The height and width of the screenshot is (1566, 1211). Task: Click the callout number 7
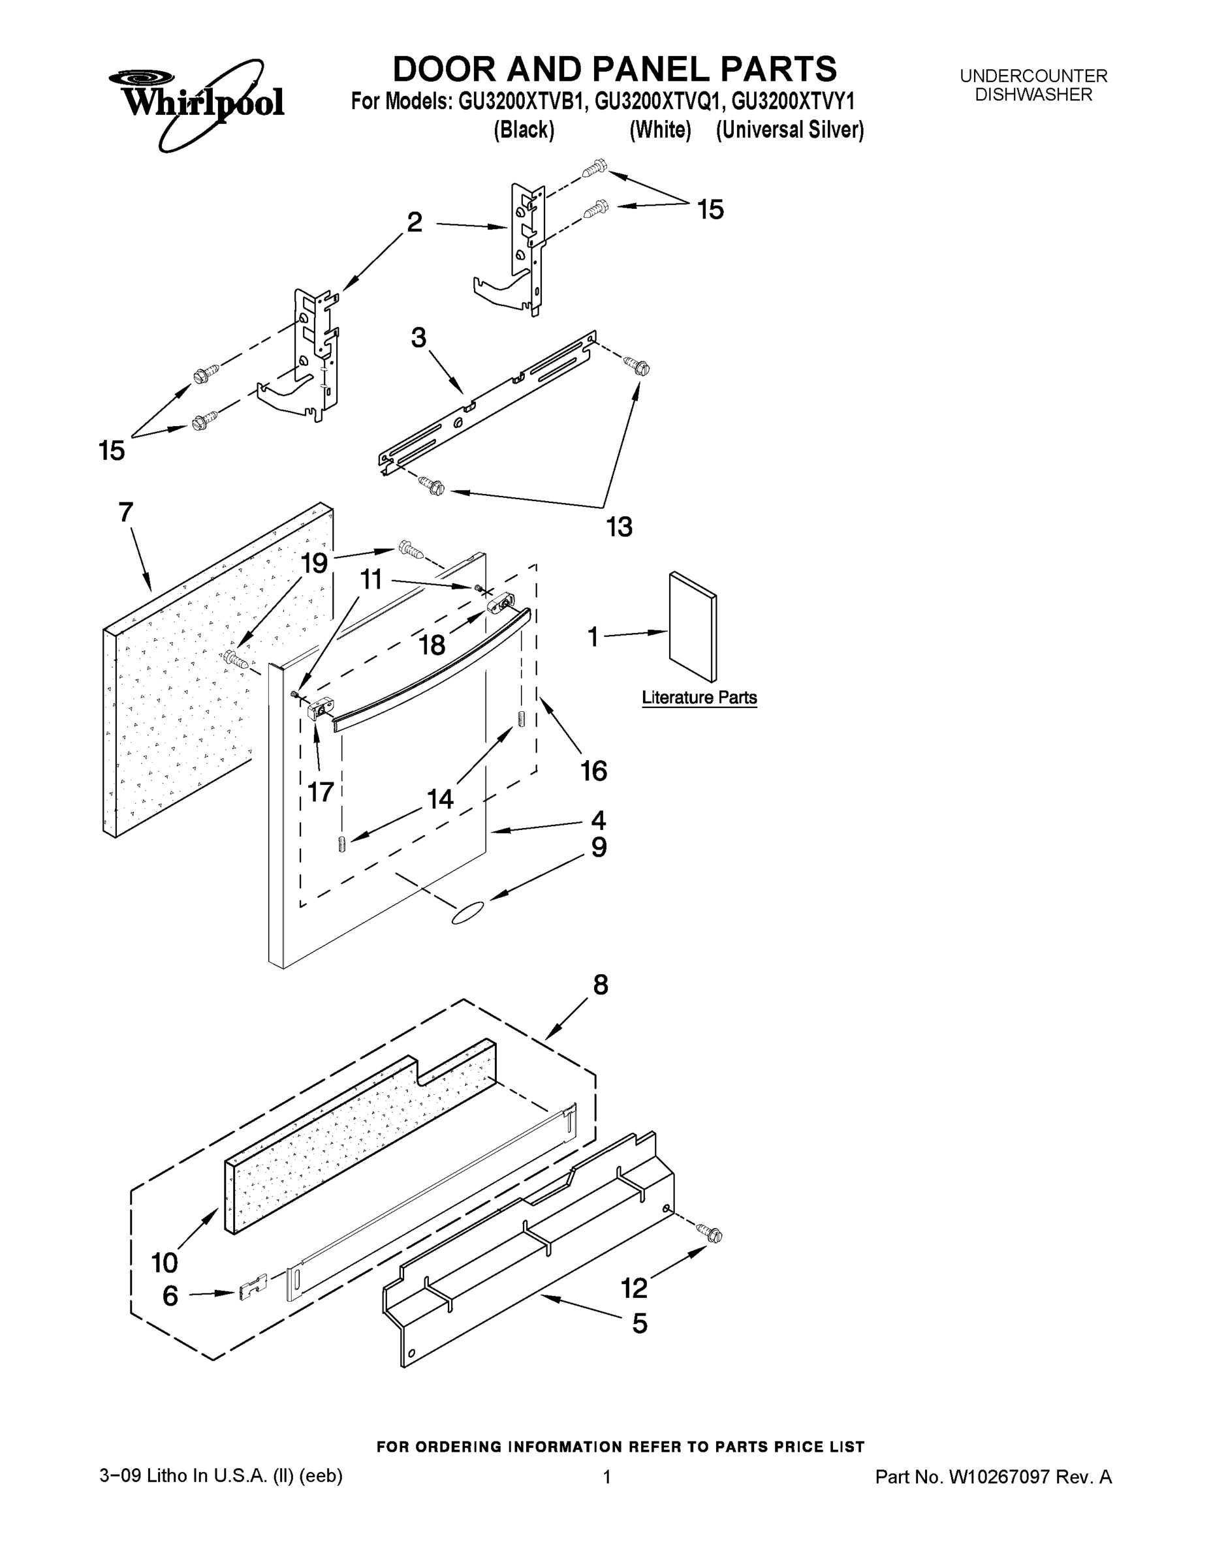pos(125,513)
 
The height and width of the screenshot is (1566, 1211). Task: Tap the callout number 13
pos(619,527)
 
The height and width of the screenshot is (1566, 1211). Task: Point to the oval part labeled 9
pos(468,914)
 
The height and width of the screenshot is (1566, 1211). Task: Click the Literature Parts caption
pos(699,697)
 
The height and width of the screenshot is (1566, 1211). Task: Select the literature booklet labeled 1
pos(692,626)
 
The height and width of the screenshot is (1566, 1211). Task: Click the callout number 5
pos(639,1323)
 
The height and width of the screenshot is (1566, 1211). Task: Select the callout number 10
pos(165,1262)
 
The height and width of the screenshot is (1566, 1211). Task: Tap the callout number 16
pos(594,771)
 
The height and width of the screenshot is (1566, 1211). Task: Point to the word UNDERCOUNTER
pos(1033,76)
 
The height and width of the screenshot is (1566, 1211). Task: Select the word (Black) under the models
pos(524,130)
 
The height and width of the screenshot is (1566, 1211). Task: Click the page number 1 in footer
pos(606,1477)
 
